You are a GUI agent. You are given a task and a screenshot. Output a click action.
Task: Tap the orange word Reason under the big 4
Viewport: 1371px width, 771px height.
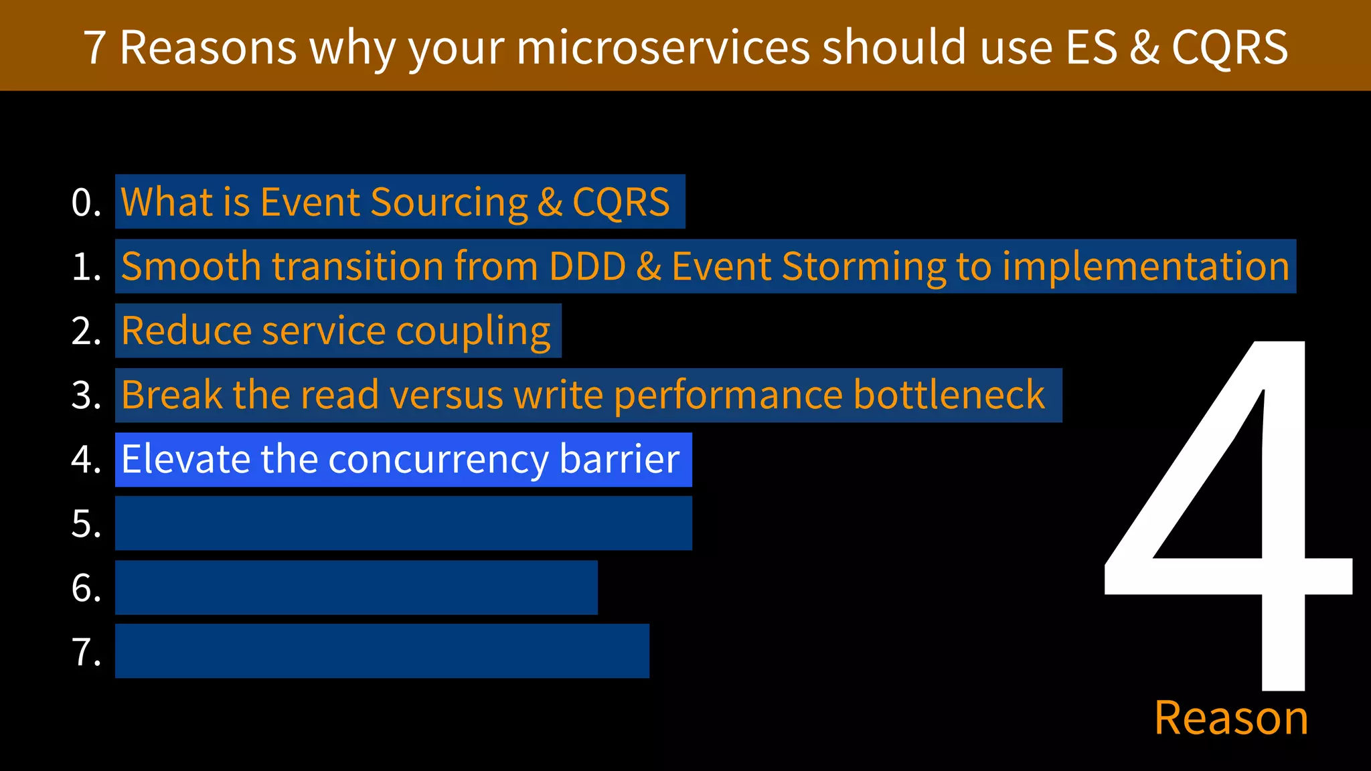pyautogui.click(x=1231, y=719)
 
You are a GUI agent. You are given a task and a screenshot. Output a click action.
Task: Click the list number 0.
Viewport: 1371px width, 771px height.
pyautogui.click(x=86, y=202)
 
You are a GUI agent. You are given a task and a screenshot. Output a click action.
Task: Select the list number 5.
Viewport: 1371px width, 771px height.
pyautogui.click(x=86, y=523)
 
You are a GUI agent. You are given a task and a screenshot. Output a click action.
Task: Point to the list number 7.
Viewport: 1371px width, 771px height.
pyautogui.click(x=86, y=652)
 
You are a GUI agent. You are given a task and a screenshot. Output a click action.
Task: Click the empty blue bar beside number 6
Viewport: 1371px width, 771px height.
pyautogui.click(x=356, y=588)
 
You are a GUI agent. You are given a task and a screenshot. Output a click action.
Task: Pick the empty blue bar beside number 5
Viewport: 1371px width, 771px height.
pyautogui.click(x=403, y=523)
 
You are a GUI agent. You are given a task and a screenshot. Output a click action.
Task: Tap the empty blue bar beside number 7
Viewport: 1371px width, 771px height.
pyautogui.click(x=382, y=651)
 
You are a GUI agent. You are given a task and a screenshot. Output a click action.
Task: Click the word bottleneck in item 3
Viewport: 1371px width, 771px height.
pyautogui.click(x=949, y=395)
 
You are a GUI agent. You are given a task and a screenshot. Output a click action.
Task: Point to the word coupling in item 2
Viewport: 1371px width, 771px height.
pyautogui.click(x=473, y=332)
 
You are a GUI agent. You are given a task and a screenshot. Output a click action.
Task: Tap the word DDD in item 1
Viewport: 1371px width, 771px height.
pyautogui.click(x=587, y=266)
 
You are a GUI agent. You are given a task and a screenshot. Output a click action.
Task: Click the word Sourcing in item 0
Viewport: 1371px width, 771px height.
pyautogui.click(x=449, y=203)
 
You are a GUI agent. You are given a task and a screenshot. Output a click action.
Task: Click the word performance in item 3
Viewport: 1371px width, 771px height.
pyautogui.click(x=728, y=396)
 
